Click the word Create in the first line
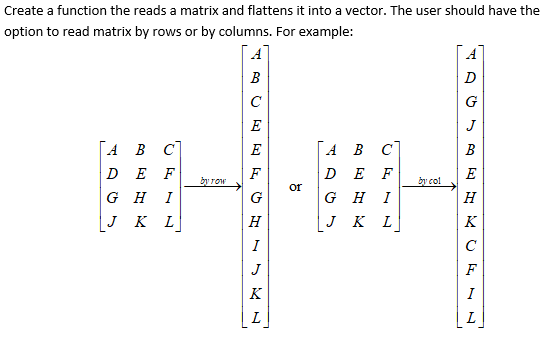coord(25,10)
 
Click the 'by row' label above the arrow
coord(213,179)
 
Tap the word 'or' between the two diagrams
coord(294,186)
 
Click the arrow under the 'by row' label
coord(213,186)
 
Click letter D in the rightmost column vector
coord(472,78)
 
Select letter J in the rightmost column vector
coord(472,126)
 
